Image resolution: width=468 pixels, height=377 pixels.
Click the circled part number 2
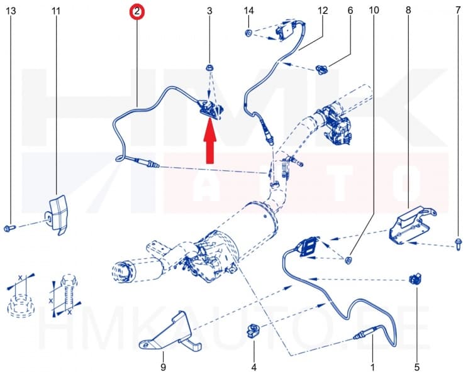click(x=136, y=11)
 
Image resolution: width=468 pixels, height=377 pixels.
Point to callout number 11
click(x=57, y=11)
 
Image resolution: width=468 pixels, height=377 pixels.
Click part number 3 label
click(x=209, y=11)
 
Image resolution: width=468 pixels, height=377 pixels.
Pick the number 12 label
click(x=323, y=11)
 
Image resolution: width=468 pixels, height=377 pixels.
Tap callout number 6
click(x=350, y=11)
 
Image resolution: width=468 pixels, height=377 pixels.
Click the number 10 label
click(x=374, y=11)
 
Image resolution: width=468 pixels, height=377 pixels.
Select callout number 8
click(x=408, y=11)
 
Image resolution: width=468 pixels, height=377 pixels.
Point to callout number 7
click(x=458, y=11)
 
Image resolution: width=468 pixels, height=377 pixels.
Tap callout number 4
click(x=253, y=366)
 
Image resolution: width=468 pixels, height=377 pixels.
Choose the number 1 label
click(x=372, y=366)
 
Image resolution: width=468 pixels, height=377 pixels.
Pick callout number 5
click(x=416, y=366)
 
